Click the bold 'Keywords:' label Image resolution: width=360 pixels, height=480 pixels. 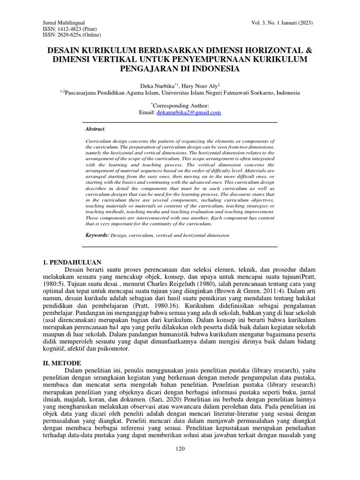pos(97,233)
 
